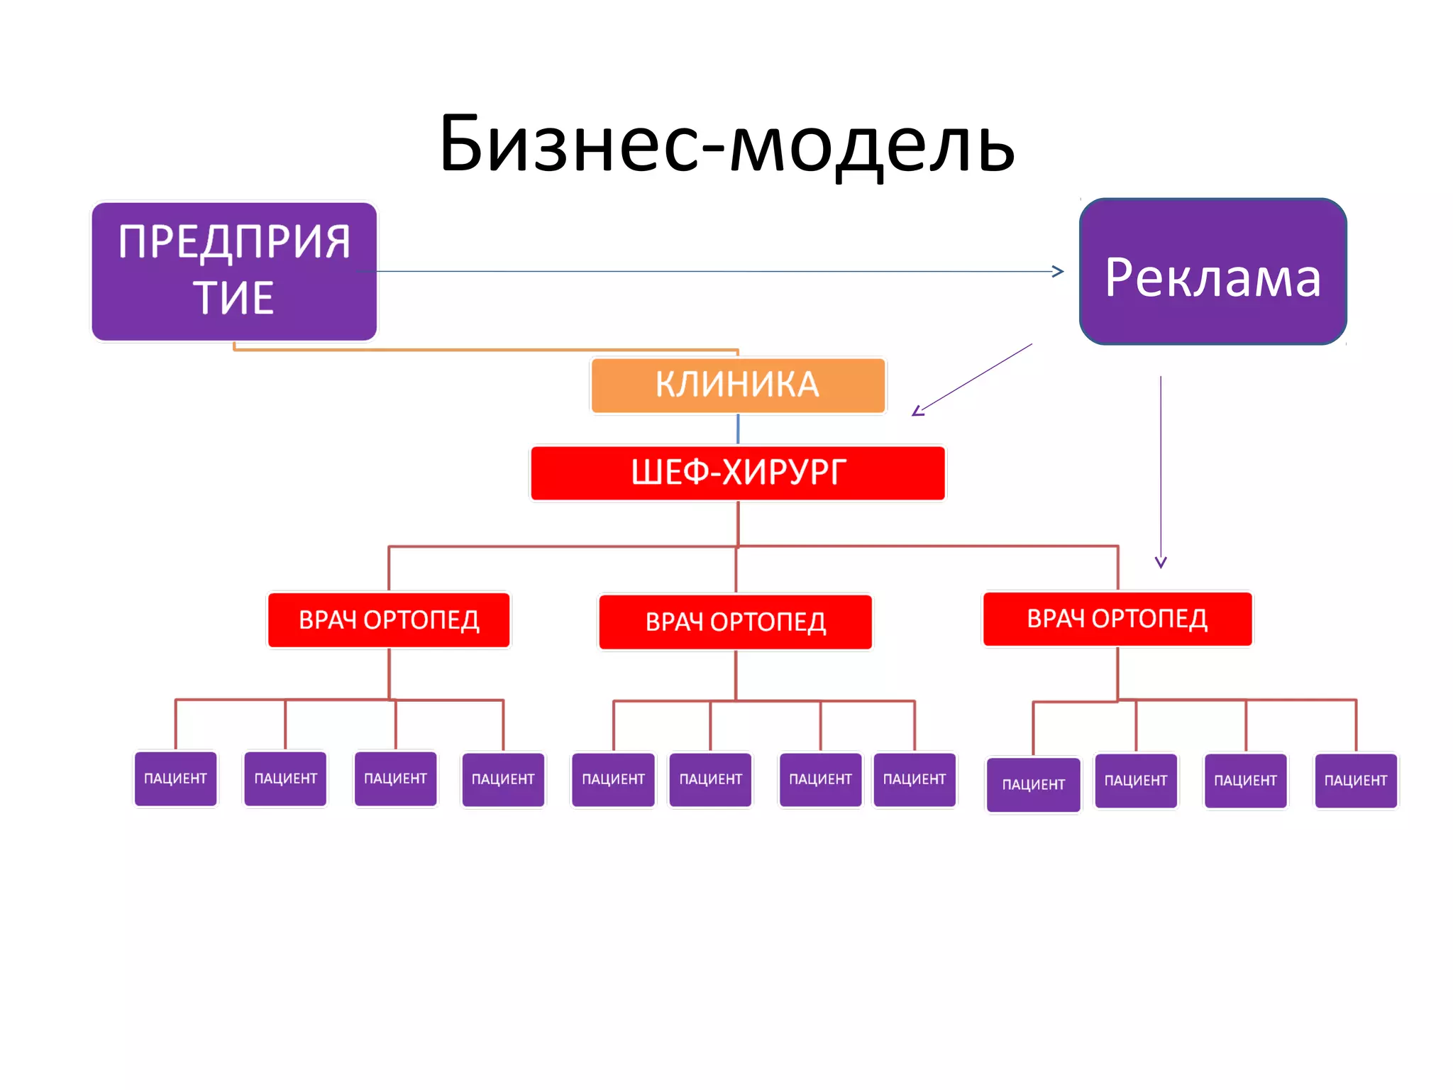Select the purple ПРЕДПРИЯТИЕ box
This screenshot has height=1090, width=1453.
[x=234, y=271]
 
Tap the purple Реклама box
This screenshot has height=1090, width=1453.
[x=1212, y=272]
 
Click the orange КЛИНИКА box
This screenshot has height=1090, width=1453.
[x=738, y=385]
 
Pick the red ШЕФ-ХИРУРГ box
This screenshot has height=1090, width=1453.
[x=738, y=473]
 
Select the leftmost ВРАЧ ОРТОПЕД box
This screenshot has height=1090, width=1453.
[x=389, y=620]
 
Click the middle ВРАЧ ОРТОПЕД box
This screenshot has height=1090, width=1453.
[x=736, y=622]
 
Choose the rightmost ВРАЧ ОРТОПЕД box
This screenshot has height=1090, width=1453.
[x=1117, y=619]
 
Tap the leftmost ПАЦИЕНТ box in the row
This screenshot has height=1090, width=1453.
[x=175, y=778]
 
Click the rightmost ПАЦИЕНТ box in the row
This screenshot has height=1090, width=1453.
[x=1356, y=781]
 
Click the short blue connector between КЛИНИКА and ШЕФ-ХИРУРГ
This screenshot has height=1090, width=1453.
[x=738, y=429]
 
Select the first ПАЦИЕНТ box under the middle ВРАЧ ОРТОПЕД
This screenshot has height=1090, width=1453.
[x=613, y=779]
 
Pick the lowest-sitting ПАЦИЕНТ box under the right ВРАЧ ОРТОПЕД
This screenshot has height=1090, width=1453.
[x=1033, y=784]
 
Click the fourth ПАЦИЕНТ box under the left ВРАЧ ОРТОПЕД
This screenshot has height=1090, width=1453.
[x=503, y=779]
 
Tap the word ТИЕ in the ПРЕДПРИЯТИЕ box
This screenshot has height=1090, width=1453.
[x=233, y=298]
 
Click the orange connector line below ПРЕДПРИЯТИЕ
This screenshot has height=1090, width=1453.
[x=482, y=349]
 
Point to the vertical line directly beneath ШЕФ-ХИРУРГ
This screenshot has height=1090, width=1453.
[x=738, y=524]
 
